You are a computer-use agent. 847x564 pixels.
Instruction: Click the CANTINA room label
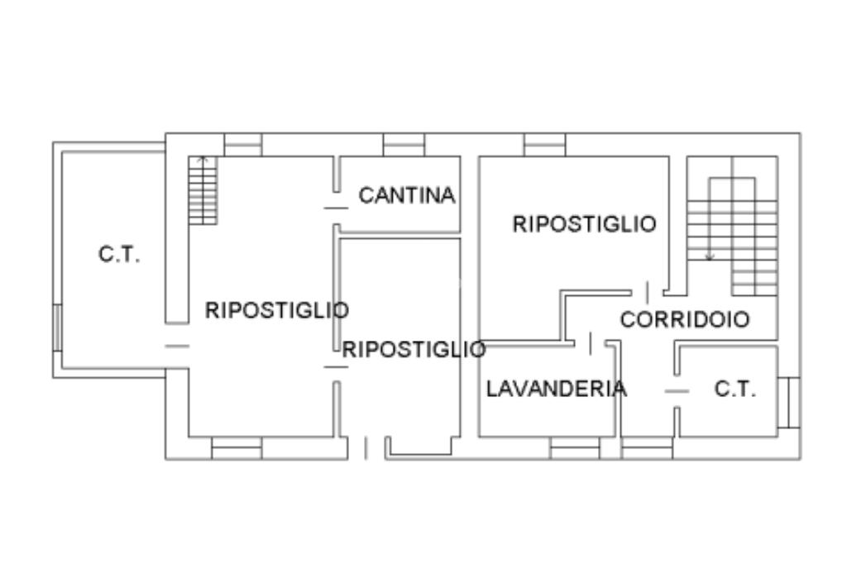406,196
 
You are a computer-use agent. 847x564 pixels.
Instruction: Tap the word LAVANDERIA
556,389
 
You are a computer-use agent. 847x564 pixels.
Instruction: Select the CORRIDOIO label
685,320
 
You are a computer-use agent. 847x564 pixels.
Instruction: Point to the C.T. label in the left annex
119,255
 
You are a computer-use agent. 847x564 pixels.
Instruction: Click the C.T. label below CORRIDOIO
735,390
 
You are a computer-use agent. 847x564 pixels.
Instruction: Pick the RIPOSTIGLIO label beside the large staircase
584,224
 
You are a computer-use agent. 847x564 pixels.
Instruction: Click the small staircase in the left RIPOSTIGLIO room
203,190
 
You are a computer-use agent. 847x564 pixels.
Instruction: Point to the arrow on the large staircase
709,256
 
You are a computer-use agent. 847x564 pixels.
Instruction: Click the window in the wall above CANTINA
404,145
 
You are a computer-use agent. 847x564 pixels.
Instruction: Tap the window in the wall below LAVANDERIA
575,448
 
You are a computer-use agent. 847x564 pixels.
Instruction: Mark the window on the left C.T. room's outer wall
57,327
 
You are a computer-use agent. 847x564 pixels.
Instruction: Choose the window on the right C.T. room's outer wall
789,402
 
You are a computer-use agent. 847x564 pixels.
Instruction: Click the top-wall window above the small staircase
243,145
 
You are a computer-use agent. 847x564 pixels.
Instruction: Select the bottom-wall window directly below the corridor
647,448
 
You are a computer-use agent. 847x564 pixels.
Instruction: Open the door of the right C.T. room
677,390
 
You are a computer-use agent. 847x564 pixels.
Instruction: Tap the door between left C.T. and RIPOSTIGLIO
177,346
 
